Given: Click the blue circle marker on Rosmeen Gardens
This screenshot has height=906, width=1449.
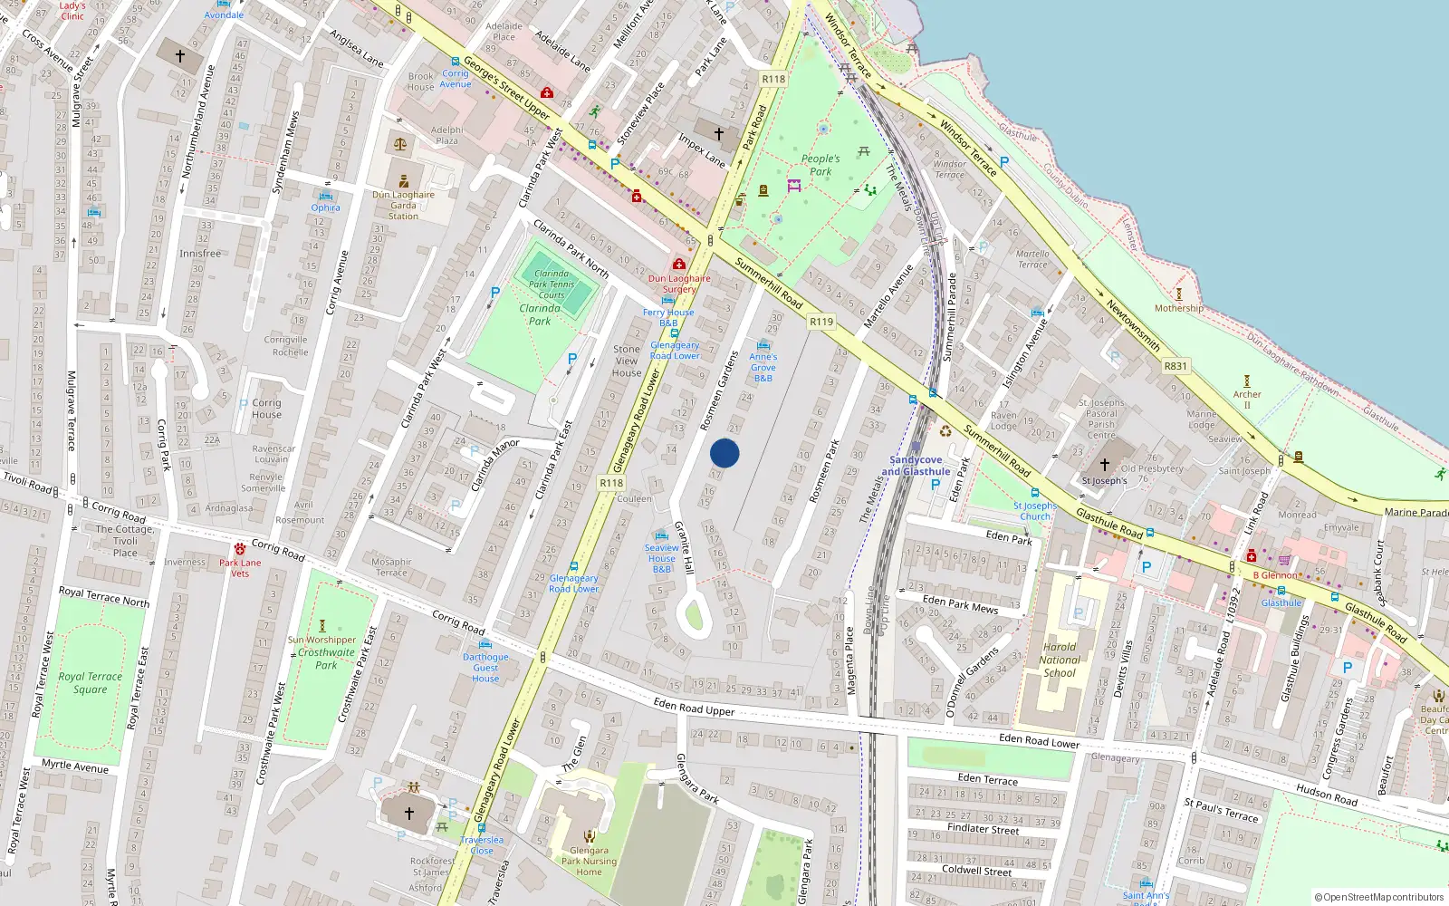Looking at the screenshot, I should pyautogui.click(x=724, y=453).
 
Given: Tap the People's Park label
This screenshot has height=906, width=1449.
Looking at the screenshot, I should pyautogui.click(x=820, y=165).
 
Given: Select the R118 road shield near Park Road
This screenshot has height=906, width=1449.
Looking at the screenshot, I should pyautogui.click(x=773, y=79).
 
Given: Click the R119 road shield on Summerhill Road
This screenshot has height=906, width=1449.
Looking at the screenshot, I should pyautogui.click(x=821, y=322).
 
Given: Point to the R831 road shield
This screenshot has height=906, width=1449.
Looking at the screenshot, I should pyautogui.click(x=1176, y=366).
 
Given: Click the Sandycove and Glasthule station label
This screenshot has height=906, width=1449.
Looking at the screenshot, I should pyautogui.click(x=916, y=466).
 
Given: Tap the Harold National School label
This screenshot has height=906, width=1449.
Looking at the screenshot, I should pyautogui.click(x=1060, y=660).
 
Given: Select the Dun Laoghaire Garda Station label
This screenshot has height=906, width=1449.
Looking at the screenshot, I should pyautogui.click(x=403, y=206).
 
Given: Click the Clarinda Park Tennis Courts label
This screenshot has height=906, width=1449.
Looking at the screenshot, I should pyautogui.click(x=552, y=284).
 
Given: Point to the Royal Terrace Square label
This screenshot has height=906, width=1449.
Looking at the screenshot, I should pyautogui.click(x=90, y=683).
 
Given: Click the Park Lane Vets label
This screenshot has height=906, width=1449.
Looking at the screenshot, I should pyautogui.click(x=240, y=568).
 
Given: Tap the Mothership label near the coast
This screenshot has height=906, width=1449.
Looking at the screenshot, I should pyautogui.click(x=1179, y=308).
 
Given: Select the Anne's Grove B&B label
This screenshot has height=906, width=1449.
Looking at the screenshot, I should pyautogui.click(x=763, y=367).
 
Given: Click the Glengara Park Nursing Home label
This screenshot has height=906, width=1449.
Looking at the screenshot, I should pyautogui.click(x=589, y=862).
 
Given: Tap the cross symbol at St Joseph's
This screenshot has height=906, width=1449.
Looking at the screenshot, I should pyautogui.click(x=1105, y=465).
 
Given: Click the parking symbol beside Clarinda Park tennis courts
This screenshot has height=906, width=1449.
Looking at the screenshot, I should pyautogui.click(x=495, y=293).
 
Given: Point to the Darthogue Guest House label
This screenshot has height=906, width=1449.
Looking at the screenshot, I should pyautogui.click(x=485, y=668).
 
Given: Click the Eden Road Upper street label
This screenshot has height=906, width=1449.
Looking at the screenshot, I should pyautogui.click(x=694, y=707).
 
